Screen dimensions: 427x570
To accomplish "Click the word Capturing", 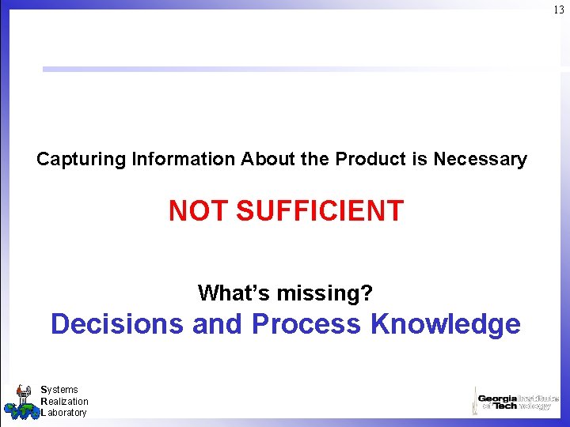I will (x=81, y=160).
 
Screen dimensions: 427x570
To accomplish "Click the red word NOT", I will (x=199, y=211).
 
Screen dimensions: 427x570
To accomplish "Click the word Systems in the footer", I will (x=59, y=390).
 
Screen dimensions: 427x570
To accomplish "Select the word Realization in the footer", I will (x=64, y=402).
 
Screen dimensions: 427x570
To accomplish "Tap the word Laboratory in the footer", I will (x=63, y=413).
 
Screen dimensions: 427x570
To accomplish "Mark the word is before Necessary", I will (x=420, y=159).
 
